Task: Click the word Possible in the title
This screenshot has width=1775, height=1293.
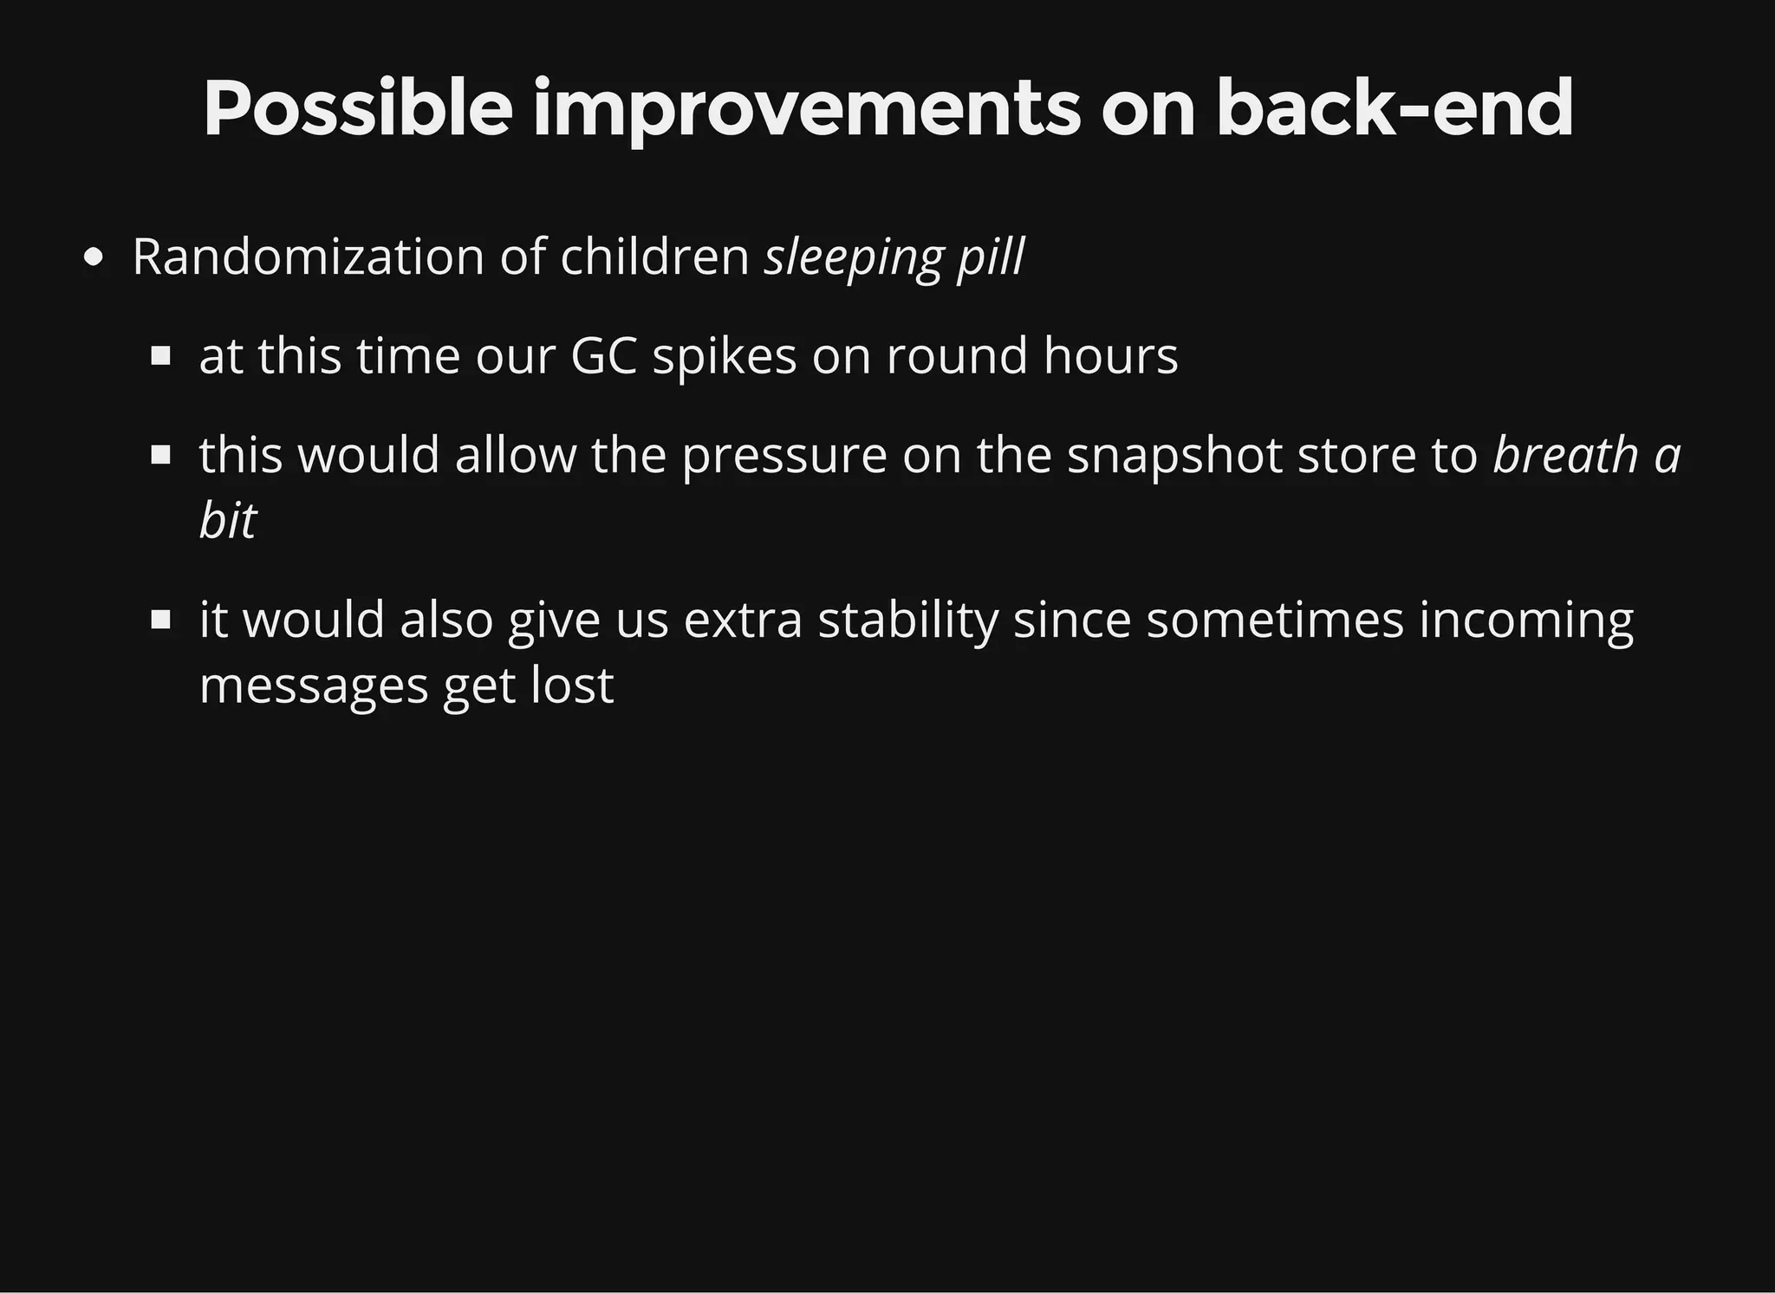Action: tap(357, 111)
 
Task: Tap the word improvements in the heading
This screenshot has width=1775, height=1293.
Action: tap(806, 111)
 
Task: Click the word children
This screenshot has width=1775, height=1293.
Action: tap(654, 257)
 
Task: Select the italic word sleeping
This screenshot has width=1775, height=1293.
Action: tap(852, 259)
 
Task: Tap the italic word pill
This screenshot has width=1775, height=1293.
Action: tap(991, 257)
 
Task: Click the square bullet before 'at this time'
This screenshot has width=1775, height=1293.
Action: tap(160, 356)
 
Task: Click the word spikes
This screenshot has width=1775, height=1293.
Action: tap(724, 356)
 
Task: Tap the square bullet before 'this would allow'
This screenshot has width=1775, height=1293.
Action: tap(160, 455)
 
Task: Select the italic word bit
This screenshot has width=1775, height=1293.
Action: tap(227, 521)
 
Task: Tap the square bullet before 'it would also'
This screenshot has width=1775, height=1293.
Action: tap(160, 620)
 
